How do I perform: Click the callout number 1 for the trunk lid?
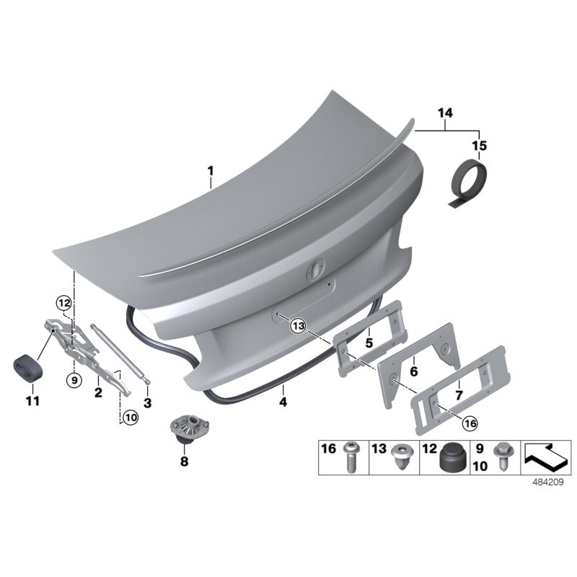pos(211,172)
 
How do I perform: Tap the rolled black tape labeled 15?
pos(464,185)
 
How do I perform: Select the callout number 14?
pos(444,113)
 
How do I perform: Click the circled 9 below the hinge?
pos(73,379)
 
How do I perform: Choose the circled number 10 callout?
pos(129,417)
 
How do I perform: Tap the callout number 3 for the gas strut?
pos(147,402)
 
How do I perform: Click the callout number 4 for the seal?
pos(283,402)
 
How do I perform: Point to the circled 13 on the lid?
pos(298,327)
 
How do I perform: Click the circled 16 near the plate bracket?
pos(470,424)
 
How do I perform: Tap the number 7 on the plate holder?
pos(459,395)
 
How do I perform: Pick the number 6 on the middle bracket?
pos(414,371)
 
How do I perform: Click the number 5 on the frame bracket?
pos(369,343)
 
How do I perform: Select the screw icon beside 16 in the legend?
pos(351,457)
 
